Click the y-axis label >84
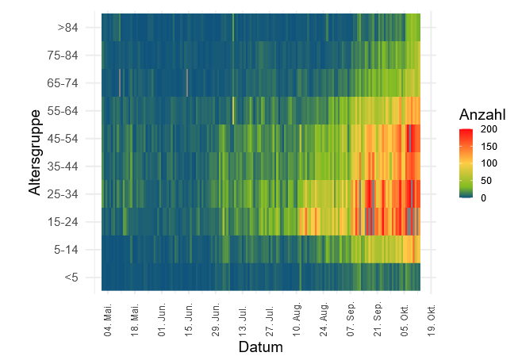click(68, 28)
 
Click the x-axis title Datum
click(260, 347)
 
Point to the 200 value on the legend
click(488, 129)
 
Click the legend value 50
click(485, 181)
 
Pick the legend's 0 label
click(483, 197)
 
